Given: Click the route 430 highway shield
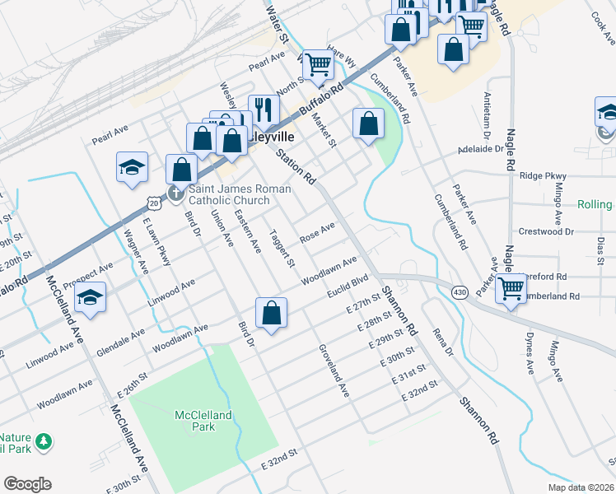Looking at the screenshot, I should click(460, 291).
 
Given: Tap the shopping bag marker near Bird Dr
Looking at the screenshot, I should click(271, 313).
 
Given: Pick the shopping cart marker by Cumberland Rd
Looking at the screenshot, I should click(511, 288).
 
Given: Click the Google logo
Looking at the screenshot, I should click(27, 484).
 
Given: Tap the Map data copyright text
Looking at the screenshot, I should click(581, 487).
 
